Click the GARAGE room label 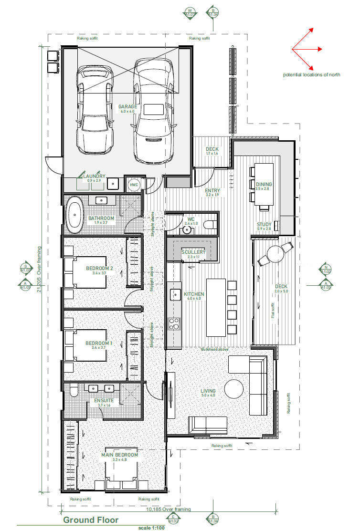(127, 107)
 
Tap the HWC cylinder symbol (133, 185)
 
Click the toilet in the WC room (209, 225)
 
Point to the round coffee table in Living (234, 388)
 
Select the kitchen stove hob (174, 323)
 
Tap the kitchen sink (175, 294)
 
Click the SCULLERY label (193, 252)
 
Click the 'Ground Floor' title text (91, 520)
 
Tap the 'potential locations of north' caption (311, 75)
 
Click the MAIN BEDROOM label (119, 455)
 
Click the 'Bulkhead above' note (216, 349)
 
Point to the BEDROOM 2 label (99, 269)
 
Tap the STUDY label (264, 224)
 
